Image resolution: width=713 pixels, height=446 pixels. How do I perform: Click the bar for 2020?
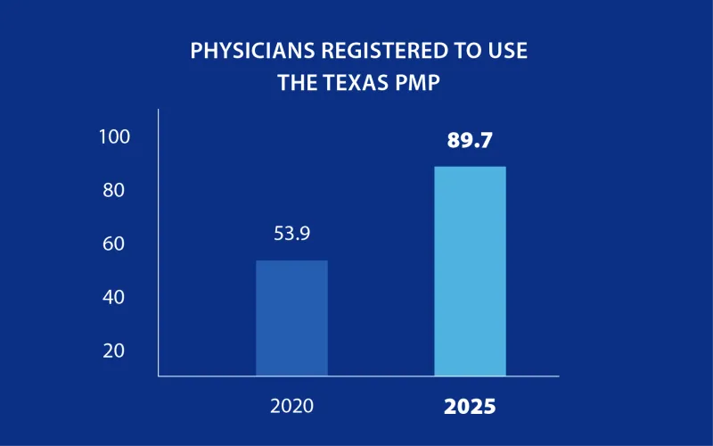[291, 318]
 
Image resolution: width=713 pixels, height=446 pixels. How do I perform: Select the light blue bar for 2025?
[470, 271]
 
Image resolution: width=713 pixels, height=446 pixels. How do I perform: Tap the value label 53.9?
[291, 235]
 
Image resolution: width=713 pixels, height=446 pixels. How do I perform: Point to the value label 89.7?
[470, 140]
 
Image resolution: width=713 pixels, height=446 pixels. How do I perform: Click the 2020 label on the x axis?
[291, 407]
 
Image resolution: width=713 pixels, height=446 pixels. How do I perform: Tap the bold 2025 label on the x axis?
[470, 408]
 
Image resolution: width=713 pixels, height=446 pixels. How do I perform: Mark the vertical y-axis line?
[159, 241]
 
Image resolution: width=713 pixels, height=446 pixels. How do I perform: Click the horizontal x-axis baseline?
[356, 376]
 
